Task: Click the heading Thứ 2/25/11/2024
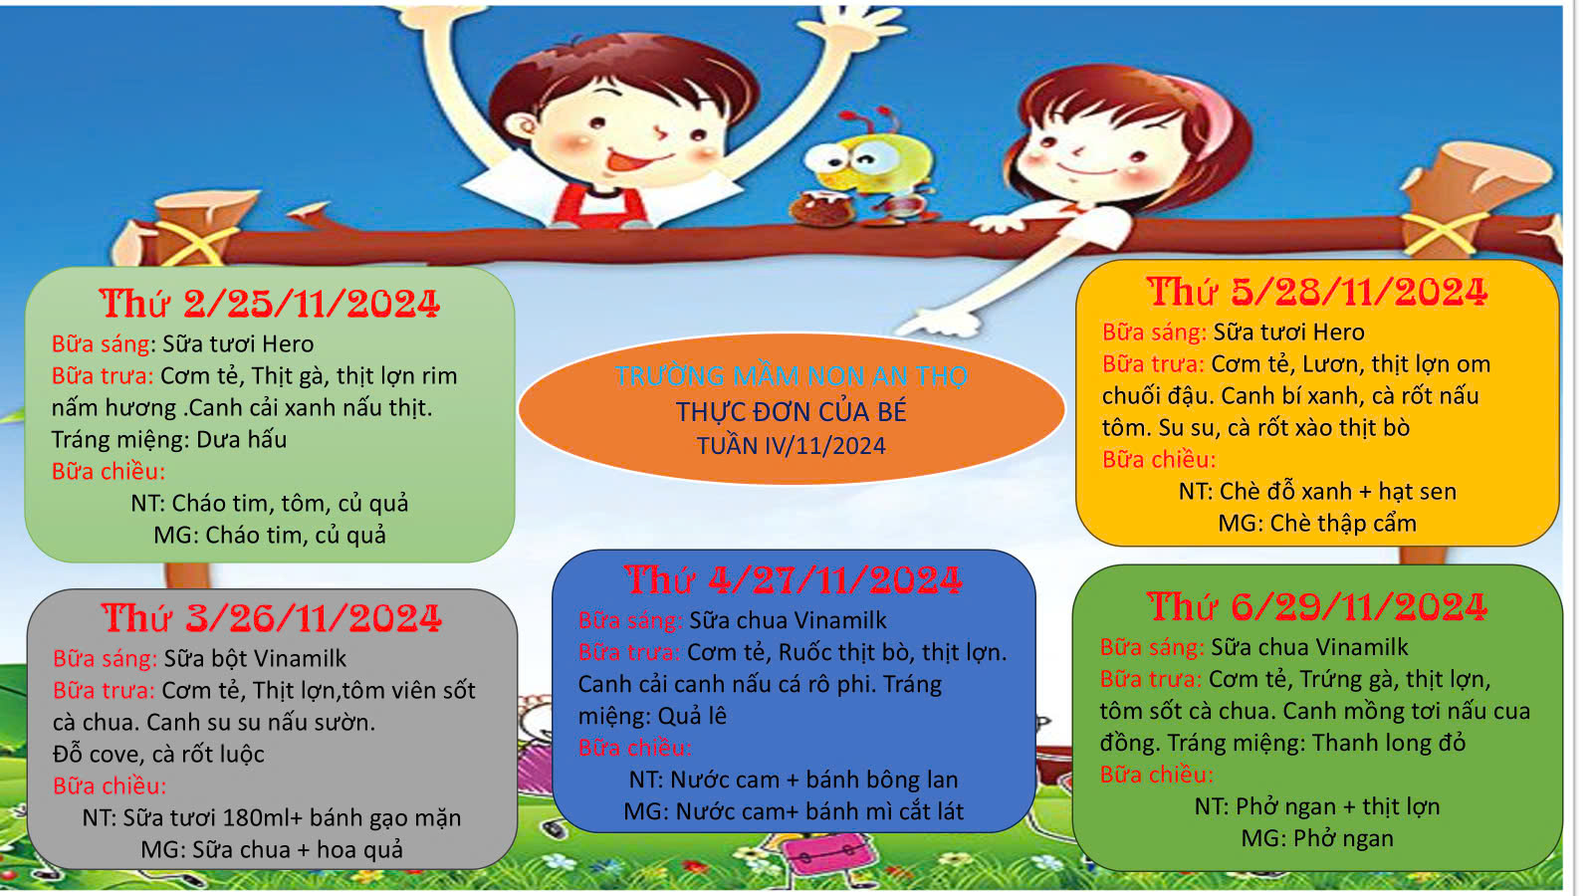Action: click(270, 304)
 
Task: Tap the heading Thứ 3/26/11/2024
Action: click(272, 617)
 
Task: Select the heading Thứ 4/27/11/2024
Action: click(794, 579)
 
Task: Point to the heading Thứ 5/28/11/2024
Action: click(1317, 293)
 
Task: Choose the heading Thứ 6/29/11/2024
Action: click(1317, 607)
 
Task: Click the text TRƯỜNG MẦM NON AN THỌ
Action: click(792, 375)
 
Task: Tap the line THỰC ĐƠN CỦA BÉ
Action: click(792, 412)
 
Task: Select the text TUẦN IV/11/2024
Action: click(792, 446)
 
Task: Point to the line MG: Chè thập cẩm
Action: click(1318, 524)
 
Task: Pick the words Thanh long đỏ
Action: click(1389, 743)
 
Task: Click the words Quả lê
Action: click(692, 716)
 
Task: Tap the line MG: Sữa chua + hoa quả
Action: click(272, 850)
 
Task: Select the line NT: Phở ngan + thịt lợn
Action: click(1317, 806)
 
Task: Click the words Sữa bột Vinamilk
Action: click(255, 658)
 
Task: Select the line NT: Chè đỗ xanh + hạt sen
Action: click(1318, 492)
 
